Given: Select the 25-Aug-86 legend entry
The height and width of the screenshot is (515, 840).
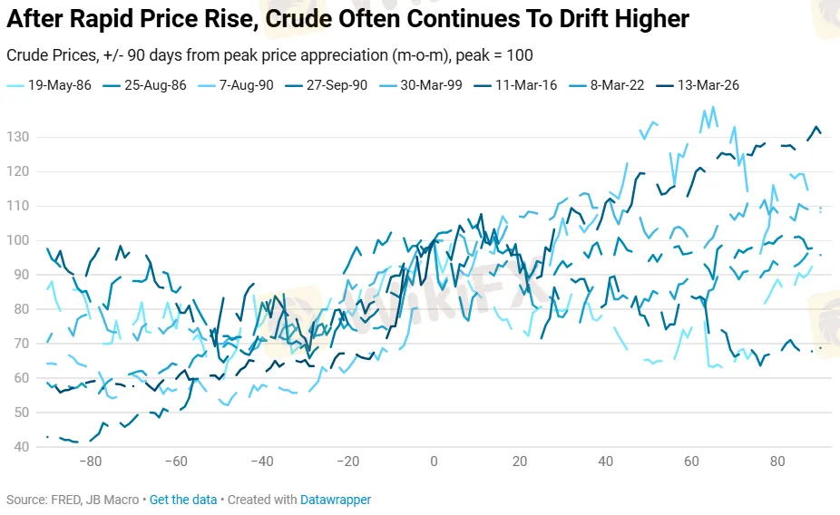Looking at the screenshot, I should coord(149,85).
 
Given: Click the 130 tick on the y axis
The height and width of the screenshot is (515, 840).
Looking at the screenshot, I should coord(18,138).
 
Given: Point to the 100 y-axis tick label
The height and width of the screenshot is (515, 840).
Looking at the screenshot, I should coord(18,240).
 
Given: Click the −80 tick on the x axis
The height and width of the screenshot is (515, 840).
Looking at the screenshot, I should coord(90,462).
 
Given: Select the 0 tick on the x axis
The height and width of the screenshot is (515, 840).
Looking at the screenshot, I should coord(434,462).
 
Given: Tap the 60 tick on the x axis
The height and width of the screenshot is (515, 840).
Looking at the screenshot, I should coord(691,462).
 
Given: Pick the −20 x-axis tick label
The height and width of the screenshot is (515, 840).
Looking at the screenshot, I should coord(347,462).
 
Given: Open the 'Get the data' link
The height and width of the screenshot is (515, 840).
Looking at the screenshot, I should coord(183,500).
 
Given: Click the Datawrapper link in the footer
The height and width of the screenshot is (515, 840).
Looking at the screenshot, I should coord(337,500).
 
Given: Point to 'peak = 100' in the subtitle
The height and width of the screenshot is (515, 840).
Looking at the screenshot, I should coord(502,55).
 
